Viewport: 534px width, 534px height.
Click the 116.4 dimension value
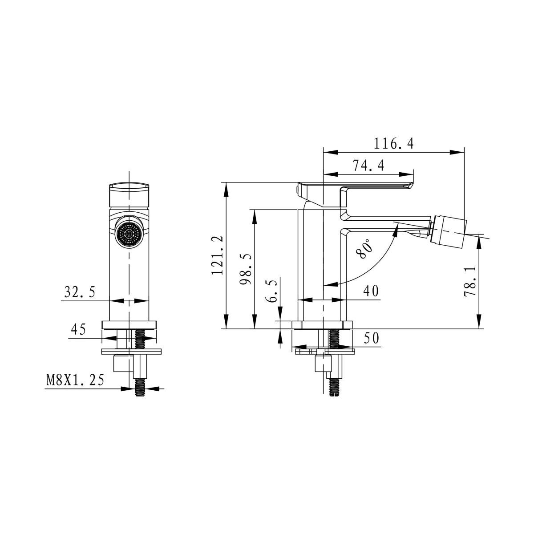click(393, 144)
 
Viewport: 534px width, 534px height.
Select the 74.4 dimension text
click(368, 166)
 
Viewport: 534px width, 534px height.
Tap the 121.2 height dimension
click(217, 255)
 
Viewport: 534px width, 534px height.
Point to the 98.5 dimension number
click(246, 269)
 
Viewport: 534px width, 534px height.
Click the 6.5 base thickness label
click(271, 291)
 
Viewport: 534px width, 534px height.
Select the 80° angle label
click(364, 249)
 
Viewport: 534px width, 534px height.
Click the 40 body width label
click(371, 291)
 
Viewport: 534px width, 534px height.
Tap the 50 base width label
click(371, 338)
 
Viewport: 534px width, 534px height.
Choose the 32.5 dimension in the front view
click(80, 291)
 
